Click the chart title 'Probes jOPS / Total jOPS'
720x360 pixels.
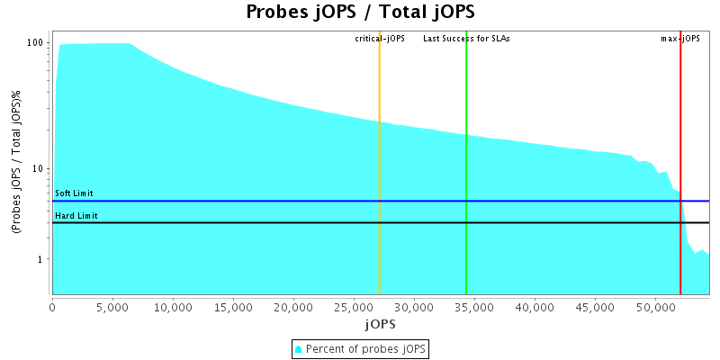[360, 13]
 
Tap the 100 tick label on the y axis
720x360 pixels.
[36, 42]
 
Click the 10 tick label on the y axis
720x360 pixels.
[39, 168]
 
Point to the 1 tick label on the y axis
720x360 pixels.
[41, 259]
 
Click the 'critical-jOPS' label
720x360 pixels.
[380, 39]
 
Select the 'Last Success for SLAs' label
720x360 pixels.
[466, 39]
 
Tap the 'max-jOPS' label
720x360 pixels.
[680, 39]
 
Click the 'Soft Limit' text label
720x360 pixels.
[74, 193]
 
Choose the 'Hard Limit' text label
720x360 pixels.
[76, 216]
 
